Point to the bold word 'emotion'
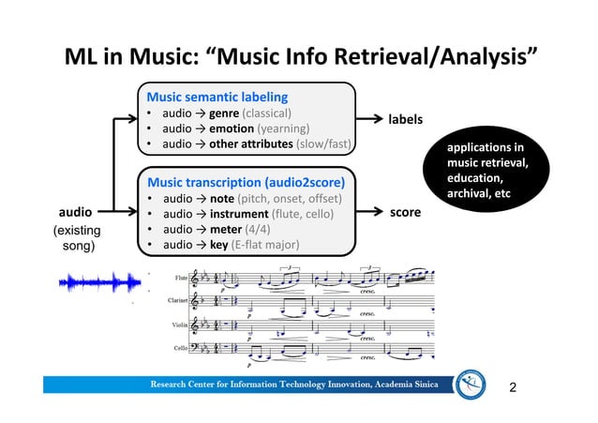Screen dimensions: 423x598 click(x=230, y=128)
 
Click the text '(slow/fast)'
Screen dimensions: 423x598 click(x=323, y=144)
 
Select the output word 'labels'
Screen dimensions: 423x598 click(x=405, y=120)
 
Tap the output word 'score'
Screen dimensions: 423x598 click(x=405, y=214)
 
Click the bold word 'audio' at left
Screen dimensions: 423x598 click(x=77, y=213)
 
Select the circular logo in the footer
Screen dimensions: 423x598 click(x=468, y=385)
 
